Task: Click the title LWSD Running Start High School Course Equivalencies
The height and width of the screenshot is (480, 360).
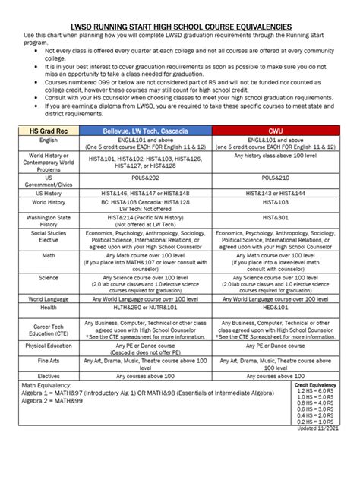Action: pyautogui.click(x=180, y=26)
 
